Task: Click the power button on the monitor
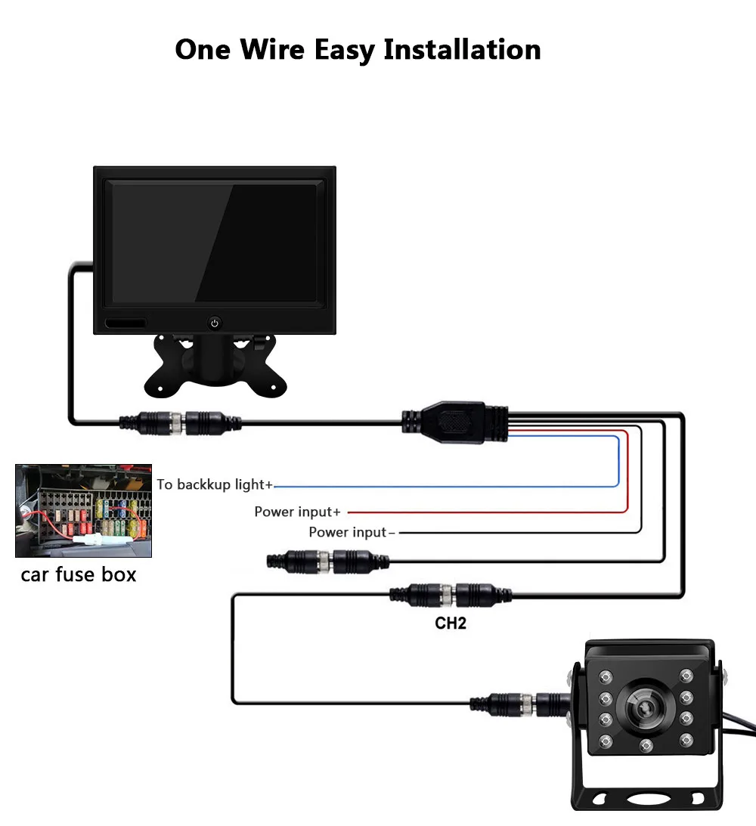click(215, 323)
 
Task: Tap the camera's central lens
click(645, 707)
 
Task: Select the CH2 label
click(451, 624)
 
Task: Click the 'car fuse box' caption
click(79, 574)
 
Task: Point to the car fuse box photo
click(83, 511)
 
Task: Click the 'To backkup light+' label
click(215, 484)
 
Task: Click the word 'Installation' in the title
click(462, 50)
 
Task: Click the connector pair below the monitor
click(181, 421)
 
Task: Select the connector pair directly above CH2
click(451, 593)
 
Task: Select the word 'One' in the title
click(202, 50)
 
